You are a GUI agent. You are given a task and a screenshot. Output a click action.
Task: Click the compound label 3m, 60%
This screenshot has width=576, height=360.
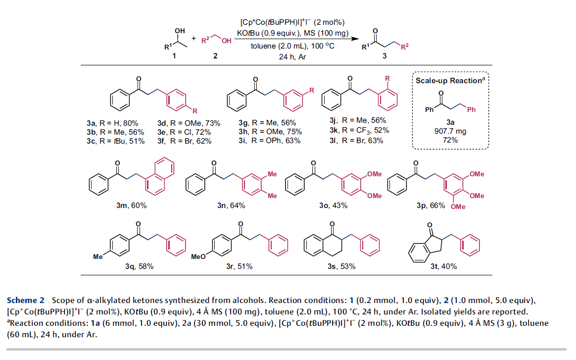tap(132, 206)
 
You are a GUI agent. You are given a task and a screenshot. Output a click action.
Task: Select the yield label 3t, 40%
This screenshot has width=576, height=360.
tap(444, 266)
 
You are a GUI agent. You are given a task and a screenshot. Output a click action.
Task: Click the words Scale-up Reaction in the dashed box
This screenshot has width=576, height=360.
tap(448, 81)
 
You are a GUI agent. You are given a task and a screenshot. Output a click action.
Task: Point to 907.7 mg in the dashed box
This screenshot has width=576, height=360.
tap(450, 131)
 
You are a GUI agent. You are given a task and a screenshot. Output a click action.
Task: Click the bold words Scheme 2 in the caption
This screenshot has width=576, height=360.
tap(26, 301)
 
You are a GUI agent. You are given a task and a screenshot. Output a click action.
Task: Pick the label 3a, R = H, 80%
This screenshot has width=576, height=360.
tap(112, 123)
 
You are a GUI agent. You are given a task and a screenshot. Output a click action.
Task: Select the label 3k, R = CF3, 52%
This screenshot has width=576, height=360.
tap(359, 130)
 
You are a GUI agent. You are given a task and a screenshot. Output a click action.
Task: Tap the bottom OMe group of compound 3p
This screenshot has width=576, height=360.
tap(458, 206)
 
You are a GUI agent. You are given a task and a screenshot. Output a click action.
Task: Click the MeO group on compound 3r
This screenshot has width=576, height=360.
tap(198, 257)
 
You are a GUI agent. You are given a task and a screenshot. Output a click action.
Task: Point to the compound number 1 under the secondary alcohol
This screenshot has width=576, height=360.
tap(174, 56)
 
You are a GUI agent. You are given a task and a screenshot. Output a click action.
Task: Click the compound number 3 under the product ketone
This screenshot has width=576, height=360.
tap(384, 56)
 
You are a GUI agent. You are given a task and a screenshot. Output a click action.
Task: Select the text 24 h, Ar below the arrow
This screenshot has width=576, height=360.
tap(292, 56)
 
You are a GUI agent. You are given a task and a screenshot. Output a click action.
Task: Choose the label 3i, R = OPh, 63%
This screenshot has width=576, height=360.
tap(269, 141)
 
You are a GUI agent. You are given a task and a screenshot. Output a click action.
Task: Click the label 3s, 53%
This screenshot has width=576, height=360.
tap(341, 266)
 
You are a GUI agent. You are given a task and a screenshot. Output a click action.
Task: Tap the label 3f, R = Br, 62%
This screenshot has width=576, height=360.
tap(185, 141)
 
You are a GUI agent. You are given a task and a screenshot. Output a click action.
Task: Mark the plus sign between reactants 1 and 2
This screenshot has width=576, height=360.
tap(193, 39)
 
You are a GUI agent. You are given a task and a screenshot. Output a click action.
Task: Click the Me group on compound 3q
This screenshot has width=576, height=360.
tap(97, 257)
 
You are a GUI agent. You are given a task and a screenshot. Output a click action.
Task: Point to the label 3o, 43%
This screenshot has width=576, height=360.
tap(333, 206)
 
